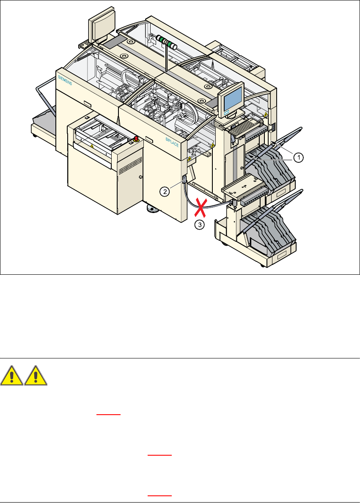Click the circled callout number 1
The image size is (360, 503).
click(x=298, y=158)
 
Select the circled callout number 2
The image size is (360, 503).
click(x=165, y=191)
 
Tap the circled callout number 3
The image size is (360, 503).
click(x=199, y=225)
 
